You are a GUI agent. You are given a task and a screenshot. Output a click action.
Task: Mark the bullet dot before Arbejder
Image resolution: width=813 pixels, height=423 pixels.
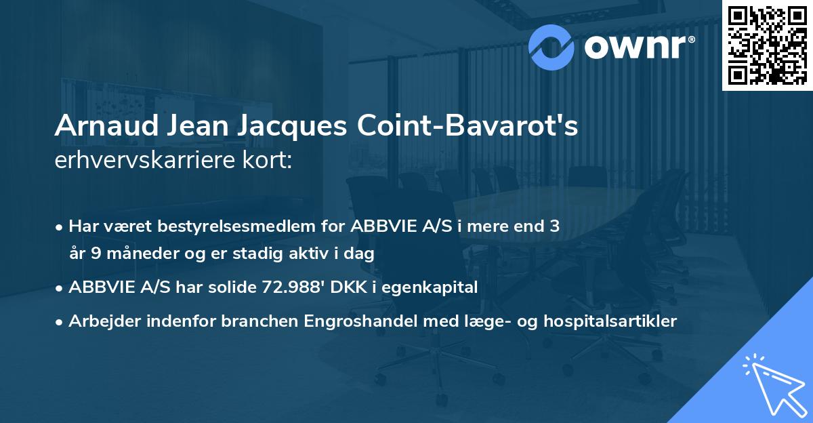tap(60, 322)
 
